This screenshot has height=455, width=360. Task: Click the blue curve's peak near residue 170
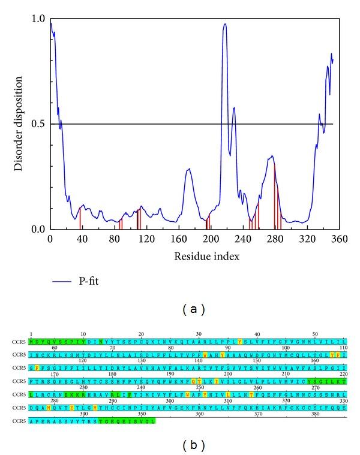pos(188,169)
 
